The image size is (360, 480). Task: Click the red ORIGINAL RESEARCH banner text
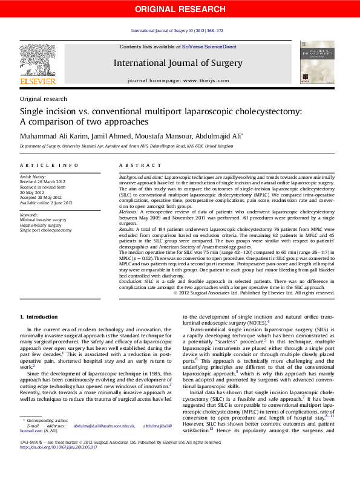[x=179, y=8]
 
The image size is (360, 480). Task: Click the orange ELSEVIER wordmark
[x=38, y=81]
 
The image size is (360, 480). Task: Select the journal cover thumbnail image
[x=316, y=62]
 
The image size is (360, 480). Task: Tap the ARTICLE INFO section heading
[x=49, y=165]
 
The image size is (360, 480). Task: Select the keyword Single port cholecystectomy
[x=45, y=230]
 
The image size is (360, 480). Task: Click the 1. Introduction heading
[x=39, y=317]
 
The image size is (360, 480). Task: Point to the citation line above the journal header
[x=177, y=31]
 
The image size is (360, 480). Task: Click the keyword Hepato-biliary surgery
[x=41, y=225]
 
